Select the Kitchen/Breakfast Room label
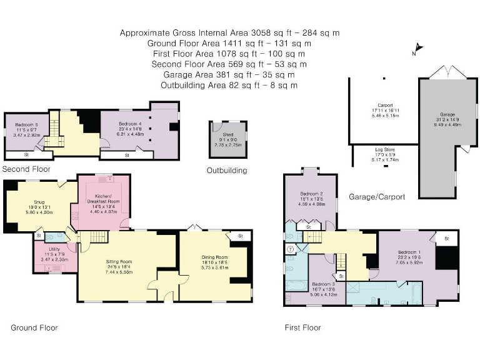[104, 197]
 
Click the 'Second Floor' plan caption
[27, 169]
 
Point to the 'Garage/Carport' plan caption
[381, 197]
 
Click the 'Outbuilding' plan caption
[227, 171]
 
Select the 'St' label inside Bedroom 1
[447, 239]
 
